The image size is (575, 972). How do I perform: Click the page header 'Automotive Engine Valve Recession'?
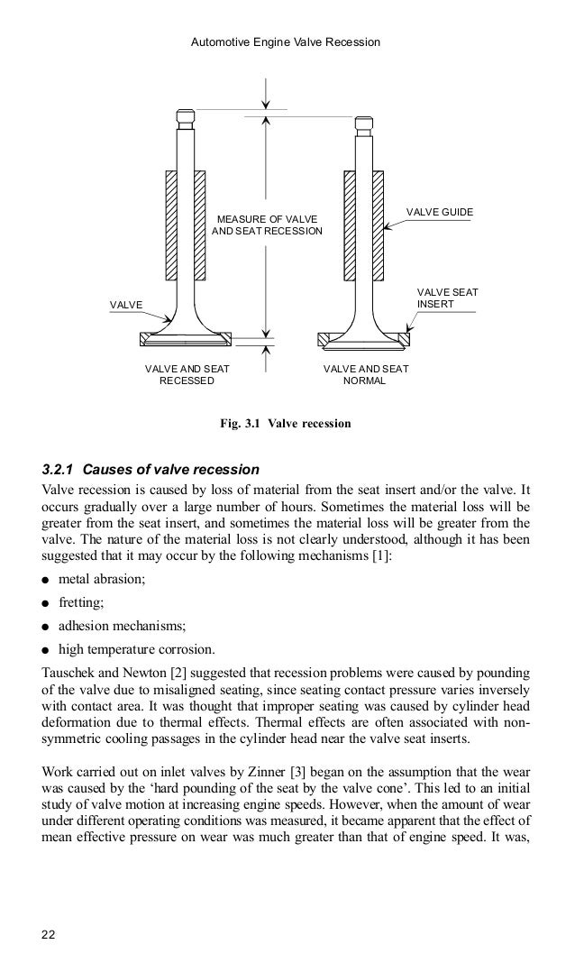287,42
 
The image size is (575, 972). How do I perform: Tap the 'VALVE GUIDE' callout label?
439,212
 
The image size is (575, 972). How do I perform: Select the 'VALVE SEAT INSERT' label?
446,298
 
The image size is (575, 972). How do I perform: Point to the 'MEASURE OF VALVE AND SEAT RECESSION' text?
266,225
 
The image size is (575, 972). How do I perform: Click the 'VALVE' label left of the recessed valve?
125,306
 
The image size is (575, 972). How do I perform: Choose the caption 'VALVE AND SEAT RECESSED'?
187,374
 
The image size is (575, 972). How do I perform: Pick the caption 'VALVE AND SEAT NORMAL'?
365,374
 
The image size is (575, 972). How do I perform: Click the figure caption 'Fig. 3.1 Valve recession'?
286,422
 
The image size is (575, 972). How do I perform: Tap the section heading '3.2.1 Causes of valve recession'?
151,470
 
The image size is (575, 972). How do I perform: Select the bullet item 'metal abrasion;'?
101,579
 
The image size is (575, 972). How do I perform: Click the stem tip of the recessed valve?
185,116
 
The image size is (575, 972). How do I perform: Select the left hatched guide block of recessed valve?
171,225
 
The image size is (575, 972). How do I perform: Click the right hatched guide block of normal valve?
379,225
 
